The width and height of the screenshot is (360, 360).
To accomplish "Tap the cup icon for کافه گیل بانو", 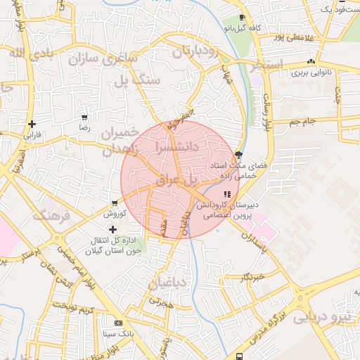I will coord(243,17).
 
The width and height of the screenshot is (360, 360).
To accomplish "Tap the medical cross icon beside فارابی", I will coord(32,124).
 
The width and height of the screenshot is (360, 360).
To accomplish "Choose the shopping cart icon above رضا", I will coord(84,118).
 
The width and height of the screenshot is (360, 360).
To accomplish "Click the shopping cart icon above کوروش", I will coord(114,202).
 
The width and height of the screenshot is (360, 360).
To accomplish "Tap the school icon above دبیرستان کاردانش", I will coord(226,194).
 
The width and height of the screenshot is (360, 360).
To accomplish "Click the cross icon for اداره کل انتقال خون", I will coord(112,229).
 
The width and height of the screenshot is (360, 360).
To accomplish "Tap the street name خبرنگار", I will coord(251,276).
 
